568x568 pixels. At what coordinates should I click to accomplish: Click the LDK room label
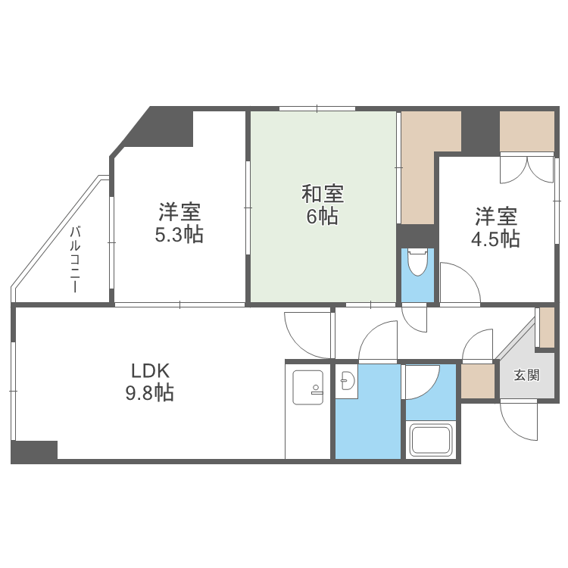[151, 371]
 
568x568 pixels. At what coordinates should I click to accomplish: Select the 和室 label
[323, 194]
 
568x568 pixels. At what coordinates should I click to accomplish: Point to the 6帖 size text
[323, 217]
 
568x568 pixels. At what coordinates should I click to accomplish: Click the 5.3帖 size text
[179, 235]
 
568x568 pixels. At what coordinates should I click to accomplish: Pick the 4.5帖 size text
[496, 239]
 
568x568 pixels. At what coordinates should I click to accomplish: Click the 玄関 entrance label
[526, 375]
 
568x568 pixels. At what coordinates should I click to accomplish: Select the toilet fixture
[417, 264]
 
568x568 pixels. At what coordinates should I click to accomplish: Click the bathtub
[430, 440]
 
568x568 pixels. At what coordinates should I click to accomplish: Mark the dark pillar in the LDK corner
[34, 451]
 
